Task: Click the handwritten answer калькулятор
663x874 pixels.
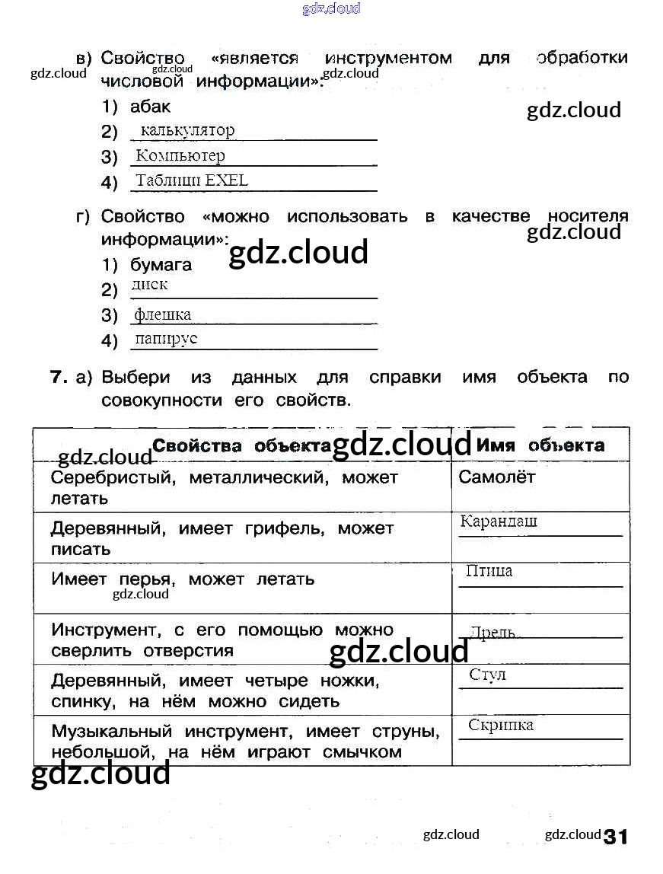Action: [x=188, y=130]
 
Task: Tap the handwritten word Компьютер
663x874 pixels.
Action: [x=180, y=155]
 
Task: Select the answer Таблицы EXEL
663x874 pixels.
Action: [x=192, y=180]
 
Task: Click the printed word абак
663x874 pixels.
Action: [x=150, y=107]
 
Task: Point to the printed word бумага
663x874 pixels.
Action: [x=161, y=265]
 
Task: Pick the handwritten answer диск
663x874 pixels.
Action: [x=149, y=285]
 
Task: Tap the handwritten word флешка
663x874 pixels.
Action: [x=163, y=314]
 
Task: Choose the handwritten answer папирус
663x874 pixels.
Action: [x=166, y=339]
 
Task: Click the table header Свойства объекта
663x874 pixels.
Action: [x=242, y=445]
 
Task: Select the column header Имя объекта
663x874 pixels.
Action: [x=540, y=445]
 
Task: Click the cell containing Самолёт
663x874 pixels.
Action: [x=497, y=477]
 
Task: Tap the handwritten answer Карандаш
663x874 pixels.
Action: [x=499, y=522]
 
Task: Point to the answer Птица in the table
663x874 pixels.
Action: [x=489, y=571]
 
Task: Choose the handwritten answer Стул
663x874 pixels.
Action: [x=488, y=675]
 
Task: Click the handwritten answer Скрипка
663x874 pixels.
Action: [x=501, y=725]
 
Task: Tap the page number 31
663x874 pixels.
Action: [x=616, y=837]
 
